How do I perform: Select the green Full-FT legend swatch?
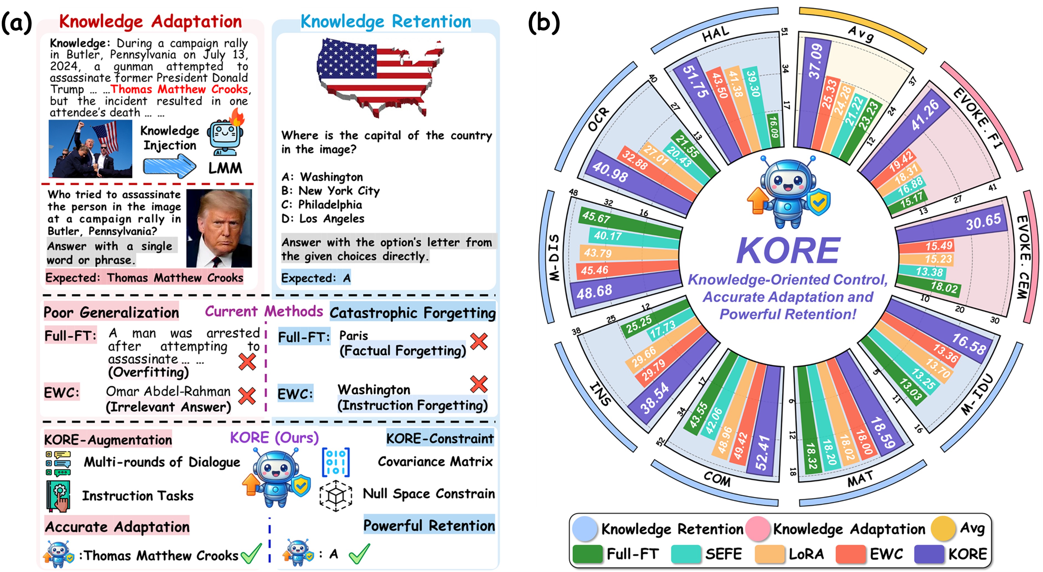pyautogui.click(x=587, y=554)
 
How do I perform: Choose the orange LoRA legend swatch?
pyautogui.click(x=769, y=554)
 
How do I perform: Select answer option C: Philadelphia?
pyautogui.click(x=322, y=205)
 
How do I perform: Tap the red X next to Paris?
pyautogui.click(x=479, y=341)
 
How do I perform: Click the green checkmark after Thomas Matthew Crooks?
pyautogui.click(x=251, y=553)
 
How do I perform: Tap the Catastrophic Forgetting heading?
pyautogui.click(x=412, y=312)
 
